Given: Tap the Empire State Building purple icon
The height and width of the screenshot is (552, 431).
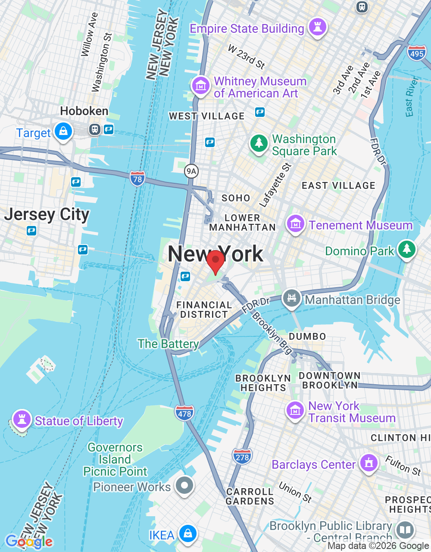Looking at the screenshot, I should coord(318,27).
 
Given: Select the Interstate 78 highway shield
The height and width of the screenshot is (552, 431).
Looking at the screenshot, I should coord(137,179).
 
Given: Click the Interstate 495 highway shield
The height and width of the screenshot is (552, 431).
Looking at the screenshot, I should coord(416,53).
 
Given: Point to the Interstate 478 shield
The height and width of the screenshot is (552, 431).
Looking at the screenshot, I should coord(184,413).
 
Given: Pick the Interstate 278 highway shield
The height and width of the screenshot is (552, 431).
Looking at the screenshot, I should coord(242,457).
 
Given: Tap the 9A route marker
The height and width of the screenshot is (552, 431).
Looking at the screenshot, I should coord(191,171).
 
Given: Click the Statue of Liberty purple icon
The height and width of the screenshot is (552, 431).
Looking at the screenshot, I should coord(22,419).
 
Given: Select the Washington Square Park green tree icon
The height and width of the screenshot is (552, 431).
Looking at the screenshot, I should coord(259,143).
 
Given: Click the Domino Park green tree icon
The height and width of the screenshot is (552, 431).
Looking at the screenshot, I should coord(406,249).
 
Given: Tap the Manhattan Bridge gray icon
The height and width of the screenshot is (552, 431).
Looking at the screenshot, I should coord(292,298).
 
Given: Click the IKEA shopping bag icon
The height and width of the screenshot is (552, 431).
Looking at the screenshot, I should coord(187,533).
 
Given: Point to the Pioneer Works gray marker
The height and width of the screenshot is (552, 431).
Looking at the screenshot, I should coord(184,486).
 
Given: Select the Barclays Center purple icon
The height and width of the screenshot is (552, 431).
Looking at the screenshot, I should coord(369,463).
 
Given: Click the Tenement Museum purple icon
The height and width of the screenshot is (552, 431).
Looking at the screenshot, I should coord(295,224).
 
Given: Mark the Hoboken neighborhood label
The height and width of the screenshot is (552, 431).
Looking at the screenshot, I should coord(84,111).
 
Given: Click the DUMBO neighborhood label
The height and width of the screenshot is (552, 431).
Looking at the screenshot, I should coord(307,336).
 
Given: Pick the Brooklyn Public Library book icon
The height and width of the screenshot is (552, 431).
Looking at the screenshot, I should coord(405,530).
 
